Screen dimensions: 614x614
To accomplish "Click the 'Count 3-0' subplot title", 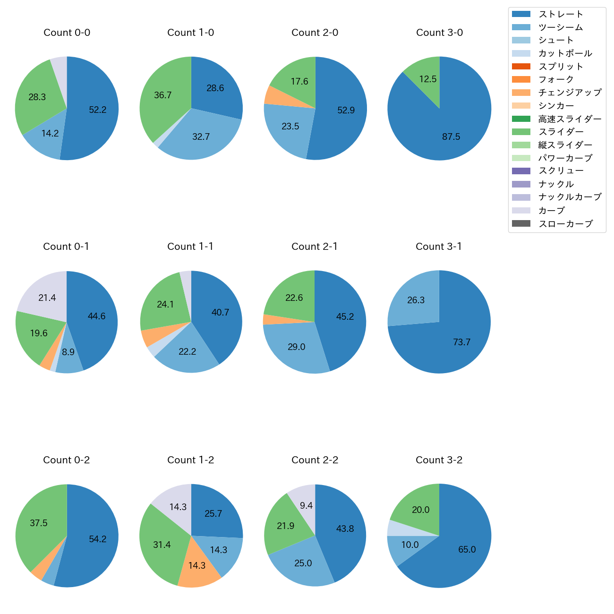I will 439,33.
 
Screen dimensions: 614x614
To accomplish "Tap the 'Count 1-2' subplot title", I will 191,460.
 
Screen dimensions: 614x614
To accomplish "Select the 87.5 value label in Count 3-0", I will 451,136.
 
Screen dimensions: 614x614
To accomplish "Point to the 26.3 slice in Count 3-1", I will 415,300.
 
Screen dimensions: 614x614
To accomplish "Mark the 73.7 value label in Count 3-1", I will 461,342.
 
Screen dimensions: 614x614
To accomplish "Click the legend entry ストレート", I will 561,14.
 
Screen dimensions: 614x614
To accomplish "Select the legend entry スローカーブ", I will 565,224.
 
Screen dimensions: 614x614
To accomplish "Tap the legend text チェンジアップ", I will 570,93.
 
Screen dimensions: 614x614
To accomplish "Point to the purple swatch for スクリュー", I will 521,171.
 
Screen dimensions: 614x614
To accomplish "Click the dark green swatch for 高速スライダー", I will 521,119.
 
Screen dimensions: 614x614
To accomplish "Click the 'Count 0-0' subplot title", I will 67,33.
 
